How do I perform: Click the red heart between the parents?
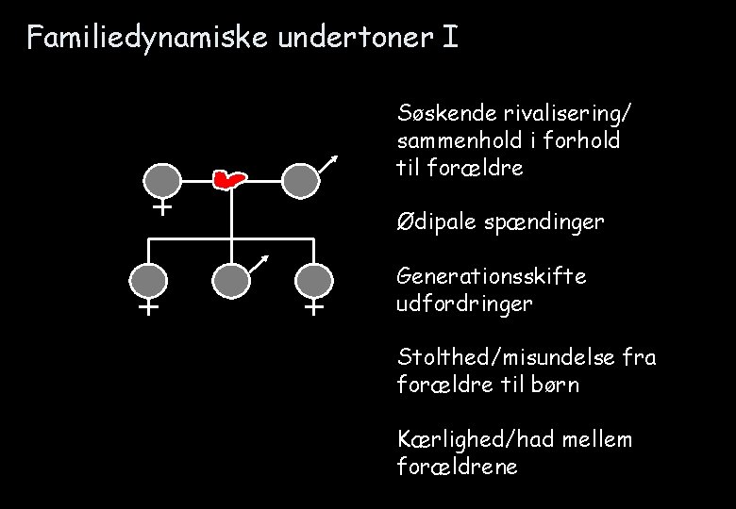[227, 177]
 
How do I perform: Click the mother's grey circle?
[162, 180]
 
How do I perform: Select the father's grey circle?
[298, 180]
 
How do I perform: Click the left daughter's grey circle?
[149, 281]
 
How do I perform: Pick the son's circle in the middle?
[230, 281]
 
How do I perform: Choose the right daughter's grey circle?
[314, 281]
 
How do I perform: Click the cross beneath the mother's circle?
[162, 206]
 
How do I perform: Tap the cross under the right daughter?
[314, 307]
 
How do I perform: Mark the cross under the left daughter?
[149, 307]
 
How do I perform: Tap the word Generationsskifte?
[493, 277]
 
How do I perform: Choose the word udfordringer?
[466, 304]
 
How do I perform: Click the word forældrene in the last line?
[459, 467]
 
